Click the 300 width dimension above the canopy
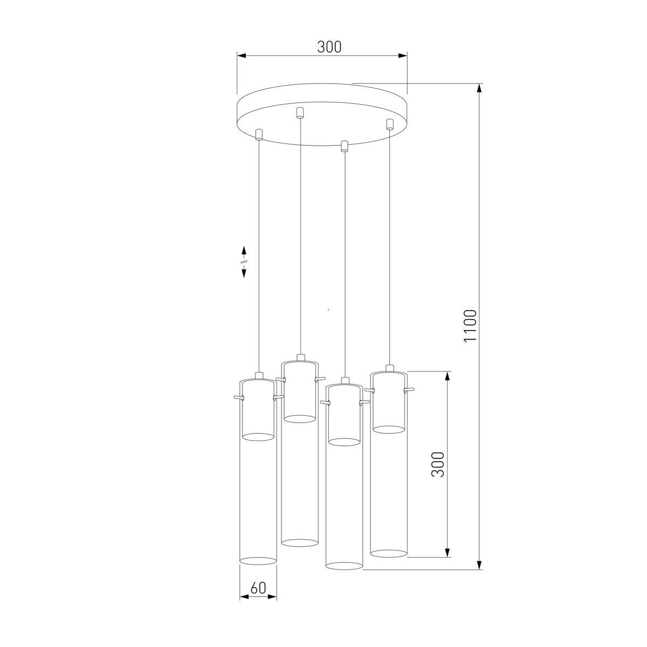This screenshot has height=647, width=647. pyautogui.click(x=329, y=47)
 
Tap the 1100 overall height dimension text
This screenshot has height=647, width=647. pyautogui.click(x=470, y=326)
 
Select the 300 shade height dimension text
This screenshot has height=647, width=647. pyautogui.click(x=438, y=464)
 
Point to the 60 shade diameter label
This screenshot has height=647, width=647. pyautogui.click(x=258, y=588)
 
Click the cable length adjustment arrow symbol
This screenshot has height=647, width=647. pyautogui.click(x=244, y=261)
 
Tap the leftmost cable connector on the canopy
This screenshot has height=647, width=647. pyautogui.click(x=259, y=134)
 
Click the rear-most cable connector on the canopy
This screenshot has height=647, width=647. pyautogui.click(x=300, y=113)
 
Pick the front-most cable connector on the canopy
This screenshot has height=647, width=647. pyautogui.click(x=344, y=146)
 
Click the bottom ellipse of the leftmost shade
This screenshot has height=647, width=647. pyautogui.click(x=258, y=561)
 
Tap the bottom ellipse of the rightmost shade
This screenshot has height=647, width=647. pyautogui.click(x=389, y=553)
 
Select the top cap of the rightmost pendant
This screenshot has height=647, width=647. pyautogui.click(x=389, y=368)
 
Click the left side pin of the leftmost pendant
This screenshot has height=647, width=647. pyautogui.click(x=237, y=397)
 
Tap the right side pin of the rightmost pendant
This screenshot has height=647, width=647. pyautogui.click(x=411, y=389)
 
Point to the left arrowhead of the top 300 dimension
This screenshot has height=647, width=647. pyautogui.click(x=242, y=55)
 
